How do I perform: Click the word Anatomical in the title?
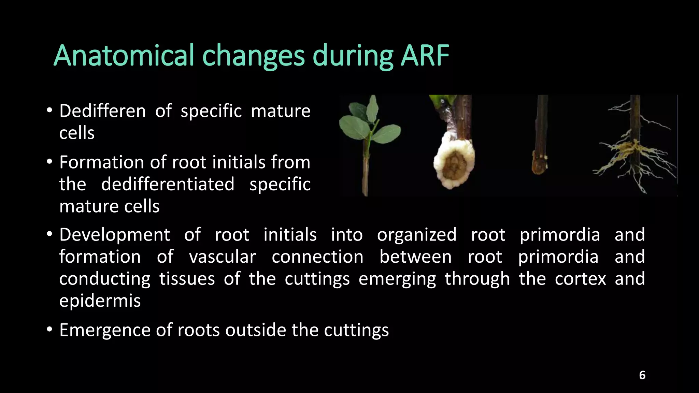click(x=124, y=56)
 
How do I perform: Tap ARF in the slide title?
click(x=425, y=56)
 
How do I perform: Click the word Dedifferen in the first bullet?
click(x=102, y=111)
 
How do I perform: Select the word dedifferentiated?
click(x=168, y=185)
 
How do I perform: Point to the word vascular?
click(x=222, y=257)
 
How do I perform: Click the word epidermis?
click(x=100, y=301)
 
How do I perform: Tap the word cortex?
click(x=580, y=279)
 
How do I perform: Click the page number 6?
click(x=642, y=375)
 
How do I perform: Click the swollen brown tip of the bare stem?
click(x=539, y=165)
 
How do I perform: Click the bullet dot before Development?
click(x=50, y=235)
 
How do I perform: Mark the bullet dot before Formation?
click(x=50, y=162)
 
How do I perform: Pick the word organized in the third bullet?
click(x=416, y=235)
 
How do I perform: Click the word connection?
click(x=317, y=257)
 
